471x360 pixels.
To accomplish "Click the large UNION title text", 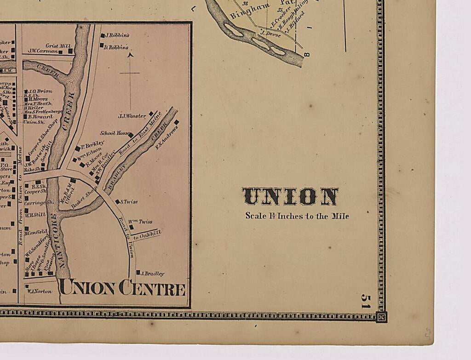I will pos(290,196).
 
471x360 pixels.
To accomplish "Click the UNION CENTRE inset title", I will pos(122,288).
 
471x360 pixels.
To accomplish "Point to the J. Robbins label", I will pos(117,35).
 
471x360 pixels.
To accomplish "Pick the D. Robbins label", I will pos(117,47).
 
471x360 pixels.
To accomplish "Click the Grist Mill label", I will pos(58,46).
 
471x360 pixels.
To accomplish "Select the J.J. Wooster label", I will pos(132,116).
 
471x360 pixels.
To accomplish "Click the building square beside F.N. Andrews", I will pos(176,122).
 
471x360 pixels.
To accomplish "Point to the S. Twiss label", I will pos(129,201).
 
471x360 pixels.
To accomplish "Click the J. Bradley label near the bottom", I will pos(152,274).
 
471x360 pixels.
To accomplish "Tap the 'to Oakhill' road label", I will pos(147,234).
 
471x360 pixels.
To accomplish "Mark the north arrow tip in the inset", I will pos(130,54).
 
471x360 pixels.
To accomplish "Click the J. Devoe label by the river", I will pos(270,33).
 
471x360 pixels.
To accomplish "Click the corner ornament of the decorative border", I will pos(381,317).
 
